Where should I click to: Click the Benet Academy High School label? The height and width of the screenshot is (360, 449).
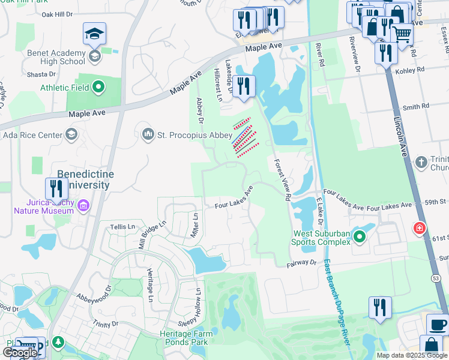[56, 57]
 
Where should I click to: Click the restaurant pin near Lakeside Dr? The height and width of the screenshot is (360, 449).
[243, 86]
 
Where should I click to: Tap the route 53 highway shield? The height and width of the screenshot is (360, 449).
[436, 277]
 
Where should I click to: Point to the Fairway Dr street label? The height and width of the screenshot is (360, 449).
[296, 262]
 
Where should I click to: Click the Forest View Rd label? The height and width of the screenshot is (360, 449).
[282, 179]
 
